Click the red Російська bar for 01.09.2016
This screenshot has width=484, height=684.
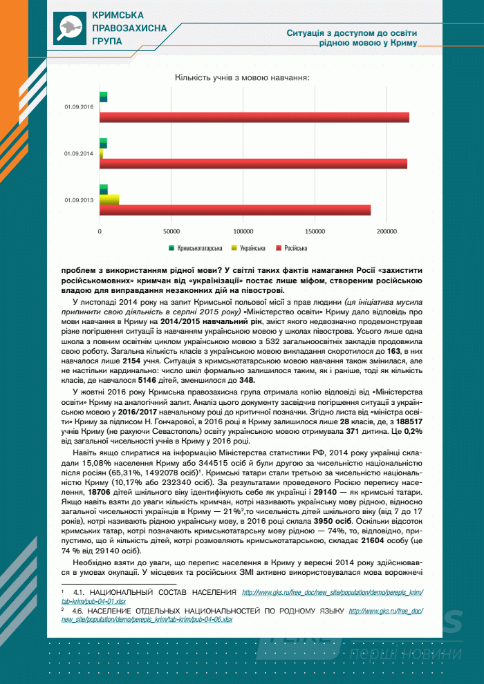coord(254,117)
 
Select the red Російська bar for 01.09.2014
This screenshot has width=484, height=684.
coord(253,164)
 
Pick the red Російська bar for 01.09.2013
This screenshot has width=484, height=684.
coord(235,210)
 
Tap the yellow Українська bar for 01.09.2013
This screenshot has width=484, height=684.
coord(109,200)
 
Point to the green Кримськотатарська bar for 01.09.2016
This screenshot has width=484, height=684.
coord(104,97)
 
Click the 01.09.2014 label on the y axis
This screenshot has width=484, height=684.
coord(78,153)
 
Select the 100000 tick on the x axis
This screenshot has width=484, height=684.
coord(243,231)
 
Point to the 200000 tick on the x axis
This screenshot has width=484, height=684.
coord(387,231)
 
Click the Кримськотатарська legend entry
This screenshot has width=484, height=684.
coord(196,247)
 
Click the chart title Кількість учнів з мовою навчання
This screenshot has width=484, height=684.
coord(242,77)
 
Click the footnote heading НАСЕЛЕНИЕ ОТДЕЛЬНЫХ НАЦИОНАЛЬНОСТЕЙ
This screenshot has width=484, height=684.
coord(207,611)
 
